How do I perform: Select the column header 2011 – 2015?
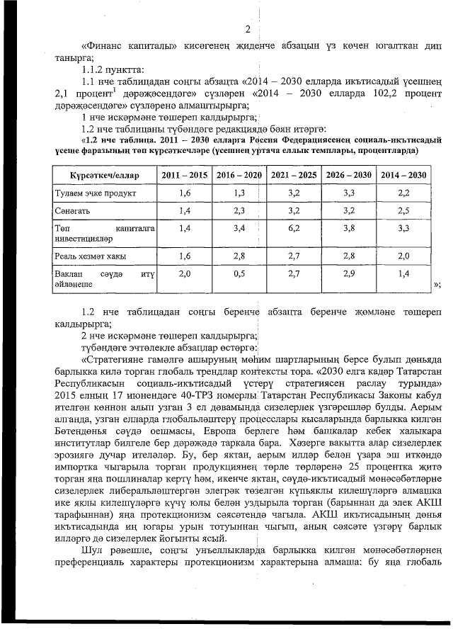coord(185,175)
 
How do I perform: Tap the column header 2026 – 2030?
coord(348,175)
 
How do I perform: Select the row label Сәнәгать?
coord(71,211)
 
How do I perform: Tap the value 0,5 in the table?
coord(239,273)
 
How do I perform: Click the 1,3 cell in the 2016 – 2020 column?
coord(239,193)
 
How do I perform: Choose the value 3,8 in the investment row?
coord(348,228)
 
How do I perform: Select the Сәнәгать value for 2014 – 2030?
coord(403,211)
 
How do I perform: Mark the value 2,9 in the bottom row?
coord(348,273)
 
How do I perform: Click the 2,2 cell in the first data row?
coord(403,193)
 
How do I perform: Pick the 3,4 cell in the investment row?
coord(239,228)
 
